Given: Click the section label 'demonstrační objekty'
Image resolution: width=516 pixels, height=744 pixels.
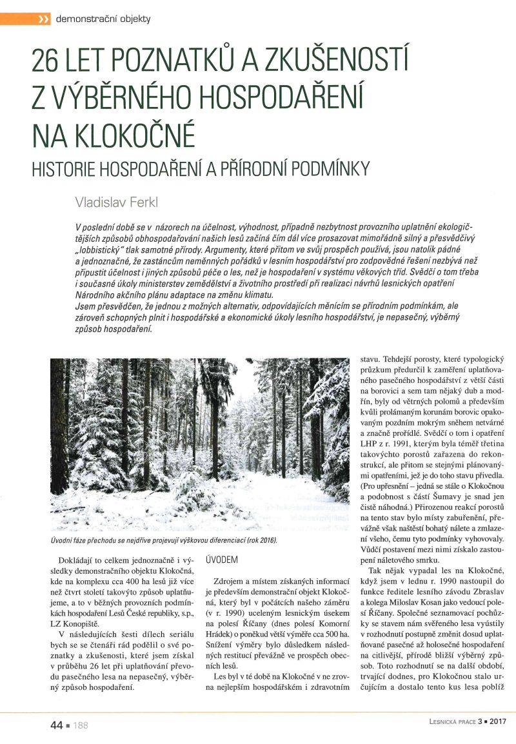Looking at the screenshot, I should click(x=103, y=19).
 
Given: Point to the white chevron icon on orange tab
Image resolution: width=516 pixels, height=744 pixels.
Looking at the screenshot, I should click(x=44, y=19).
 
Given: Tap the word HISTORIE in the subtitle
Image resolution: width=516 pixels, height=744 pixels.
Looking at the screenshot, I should click(x=61, y=169).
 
